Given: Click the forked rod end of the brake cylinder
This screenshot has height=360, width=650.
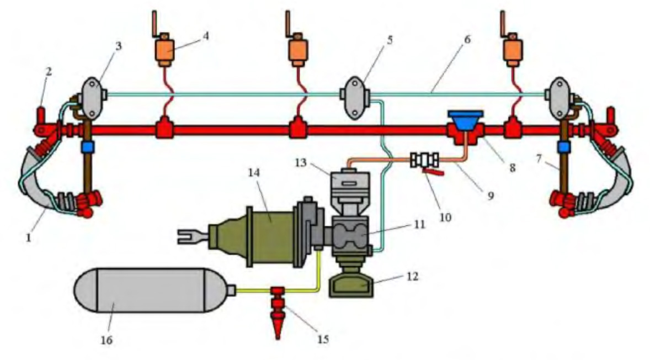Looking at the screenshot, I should pyautogui.click(x=188, y=238).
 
